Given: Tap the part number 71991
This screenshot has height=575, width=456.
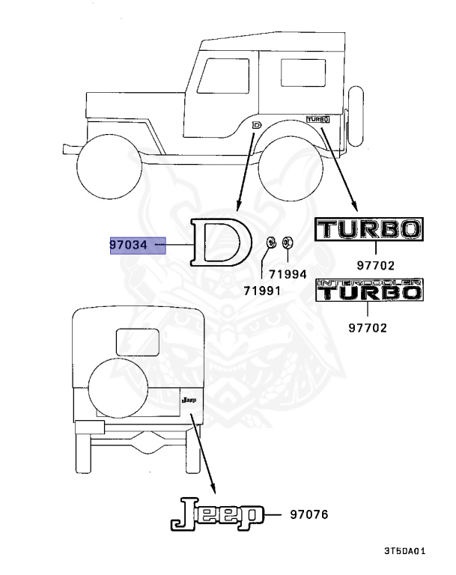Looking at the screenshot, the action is (261, 289).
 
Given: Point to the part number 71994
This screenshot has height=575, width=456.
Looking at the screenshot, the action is (288, 274).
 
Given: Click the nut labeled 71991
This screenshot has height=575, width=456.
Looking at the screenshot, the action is (271, 243).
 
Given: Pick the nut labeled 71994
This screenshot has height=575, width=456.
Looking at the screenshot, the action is (289, 243).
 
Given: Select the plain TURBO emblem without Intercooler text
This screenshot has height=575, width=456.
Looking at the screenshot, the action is (369, 230).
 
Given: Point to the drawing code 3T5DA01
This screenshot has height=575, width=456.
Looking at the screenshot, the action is (405, 551).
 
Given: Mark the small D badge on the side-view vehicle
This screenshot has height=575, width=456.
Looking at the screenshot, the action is (257, 124).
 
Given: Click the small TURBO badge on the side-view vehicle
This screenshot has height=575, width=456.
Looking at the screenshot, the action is (317, 118).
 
